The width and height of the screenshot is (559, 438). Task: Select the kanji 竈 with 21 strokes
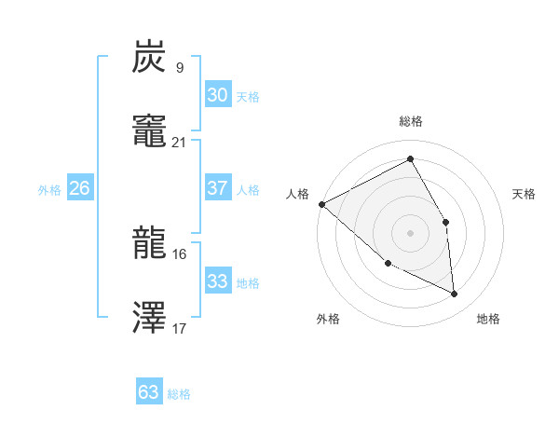[150, 133]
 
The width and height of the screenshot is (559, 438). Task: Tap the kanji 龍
[150, 245]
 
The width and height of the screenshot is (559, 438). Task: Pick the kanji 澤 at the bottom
[150, 319]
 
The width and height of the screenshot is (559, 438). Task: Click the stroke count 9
[179, 67]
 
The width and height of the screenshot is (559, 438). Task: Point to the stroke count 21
[179, 142]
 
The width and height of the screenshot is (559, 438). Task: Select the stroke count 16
[179, 253]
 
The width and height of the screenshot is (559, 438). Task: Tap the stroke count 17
[179, 328]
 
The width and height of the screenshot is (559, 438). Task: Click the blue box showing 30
[217, 95]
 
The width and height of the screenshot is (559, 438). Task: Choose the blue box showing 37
[217, 188]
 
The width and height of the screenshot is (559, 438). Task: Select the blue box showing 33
[217, 281]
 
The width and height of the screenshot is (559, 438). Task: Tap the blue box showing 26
[79, 188]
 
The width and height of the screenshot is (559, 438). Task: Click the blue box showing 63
[149, 392]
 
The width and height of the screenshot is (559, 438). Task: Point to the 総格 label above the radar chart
[411, 121]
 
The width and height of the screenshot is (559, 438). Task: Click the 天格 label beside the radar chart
[524, 194]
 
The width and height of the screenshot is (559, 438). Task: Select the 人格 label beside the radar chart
[297, 194]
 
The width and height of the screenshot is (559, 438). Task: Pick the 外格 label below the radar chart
[328, 319]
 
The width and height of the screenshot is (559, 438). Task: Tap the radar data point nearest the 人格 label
[321, 204]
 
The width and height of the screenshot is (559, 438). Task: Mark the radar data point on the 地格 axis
[454, 294]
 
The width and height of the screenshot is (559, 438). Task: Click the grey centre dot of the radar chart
[410, 232]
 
